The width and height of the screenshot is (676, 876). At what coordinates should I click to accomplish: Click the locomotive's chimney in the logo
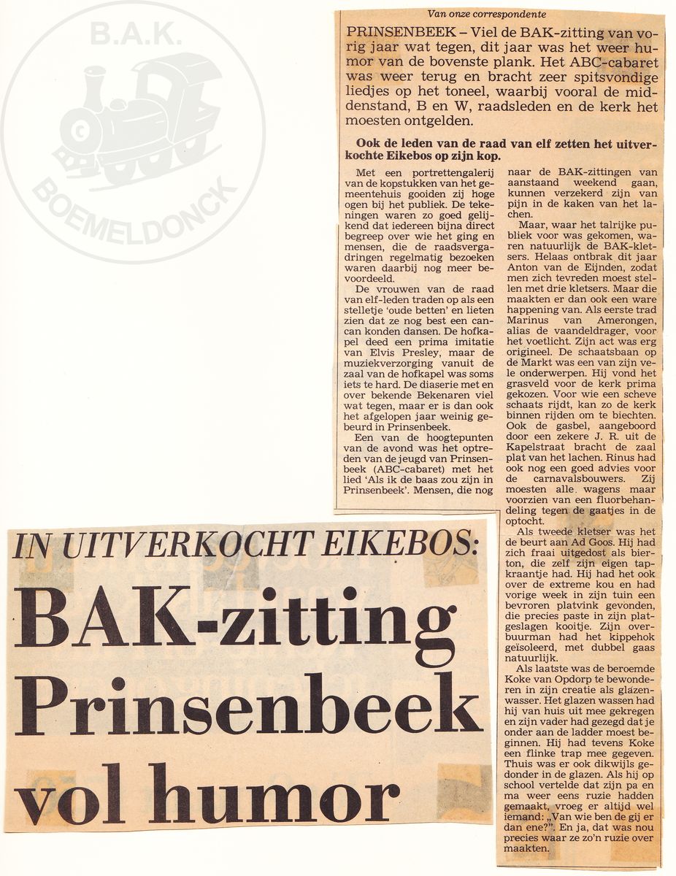[x=95, y=88]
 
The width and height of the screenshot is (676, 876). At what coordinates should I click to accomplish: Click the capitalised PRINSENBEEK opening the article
[x=391, y=34]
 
